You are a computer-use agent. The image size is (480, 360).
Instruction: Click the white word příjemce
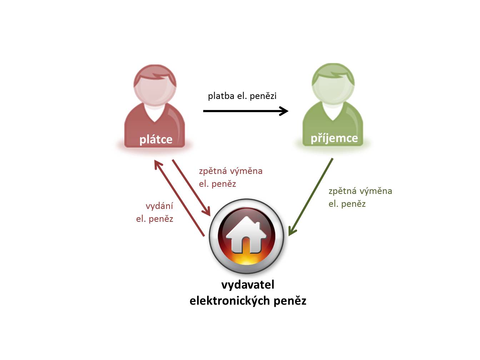pyautogui.click(x=334, y=139)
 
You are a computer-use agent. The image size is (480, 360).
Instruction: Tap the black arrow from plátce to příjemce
pyautogui.click(x=246, y=111)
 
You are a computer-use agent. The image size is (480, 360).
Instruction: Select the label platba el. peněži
pyautogui.click(x=242, y=96)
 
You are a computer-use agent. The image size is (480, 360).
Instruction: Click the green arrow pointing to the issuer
pyautogui.click(x=311, y=197)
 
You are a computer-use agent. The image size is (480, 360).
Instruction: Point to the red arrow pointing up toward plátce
pyautogui.click(x=179, y=198)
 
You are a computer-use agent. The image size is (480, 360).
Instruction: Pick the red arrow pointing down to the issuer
pyautogui.click(x=191, y=188)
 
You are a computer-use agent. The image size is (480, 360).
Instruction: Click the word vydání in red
pyautogui.click(x=159, y=206)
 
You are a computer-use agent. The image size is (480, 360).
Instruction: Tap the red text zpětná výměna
pyautogui.click(x=230, y=171)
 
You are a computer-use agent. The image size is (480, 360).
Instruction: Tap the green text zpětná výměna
pyautogui.click(x=360, y=191)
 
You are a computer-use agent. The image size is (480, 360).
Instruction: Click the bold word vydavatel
pyautogui.click(x=247, y=285)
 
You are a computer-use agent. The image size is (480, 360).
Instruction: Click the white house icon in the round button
pyautogui.click(x=246, y=235)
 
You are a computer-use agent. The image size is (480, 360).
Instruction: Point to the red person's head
pyautogui.click(x=155, y=85)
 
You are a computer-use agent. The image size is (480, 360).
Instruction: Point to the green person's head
pyautogui.click(x=333, y=84)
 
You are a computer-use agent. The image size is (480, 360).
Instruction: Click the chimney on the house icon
pyautogui.click(x=257, y=225)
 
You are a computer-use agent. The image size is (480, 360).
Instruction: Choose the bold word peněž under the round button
pyautogui.click(x=290, y=301)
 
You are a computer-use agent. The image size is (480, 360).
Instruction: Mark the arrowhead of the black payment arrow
pyautogui.click(x=284, y=111)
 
